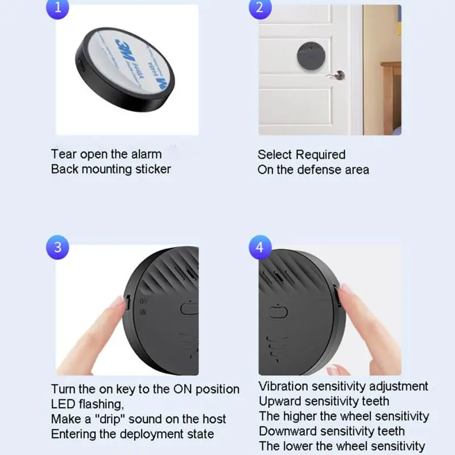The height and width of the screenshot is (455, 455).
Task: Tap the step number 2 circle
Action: pos(259,8)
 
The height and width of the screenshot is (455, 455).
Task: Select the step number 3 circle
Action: pos(57,247)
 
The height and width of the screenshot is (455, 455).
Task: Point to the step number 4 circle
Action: pos(259,247)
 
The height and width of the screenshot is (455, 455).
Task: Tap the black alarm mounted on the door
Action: pos(313,55)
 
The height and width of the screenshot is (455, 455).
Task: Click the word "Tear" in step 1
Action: pos(64,154)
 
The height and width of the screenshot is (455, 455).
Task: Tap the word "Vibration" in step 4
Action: pos(283,387)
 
